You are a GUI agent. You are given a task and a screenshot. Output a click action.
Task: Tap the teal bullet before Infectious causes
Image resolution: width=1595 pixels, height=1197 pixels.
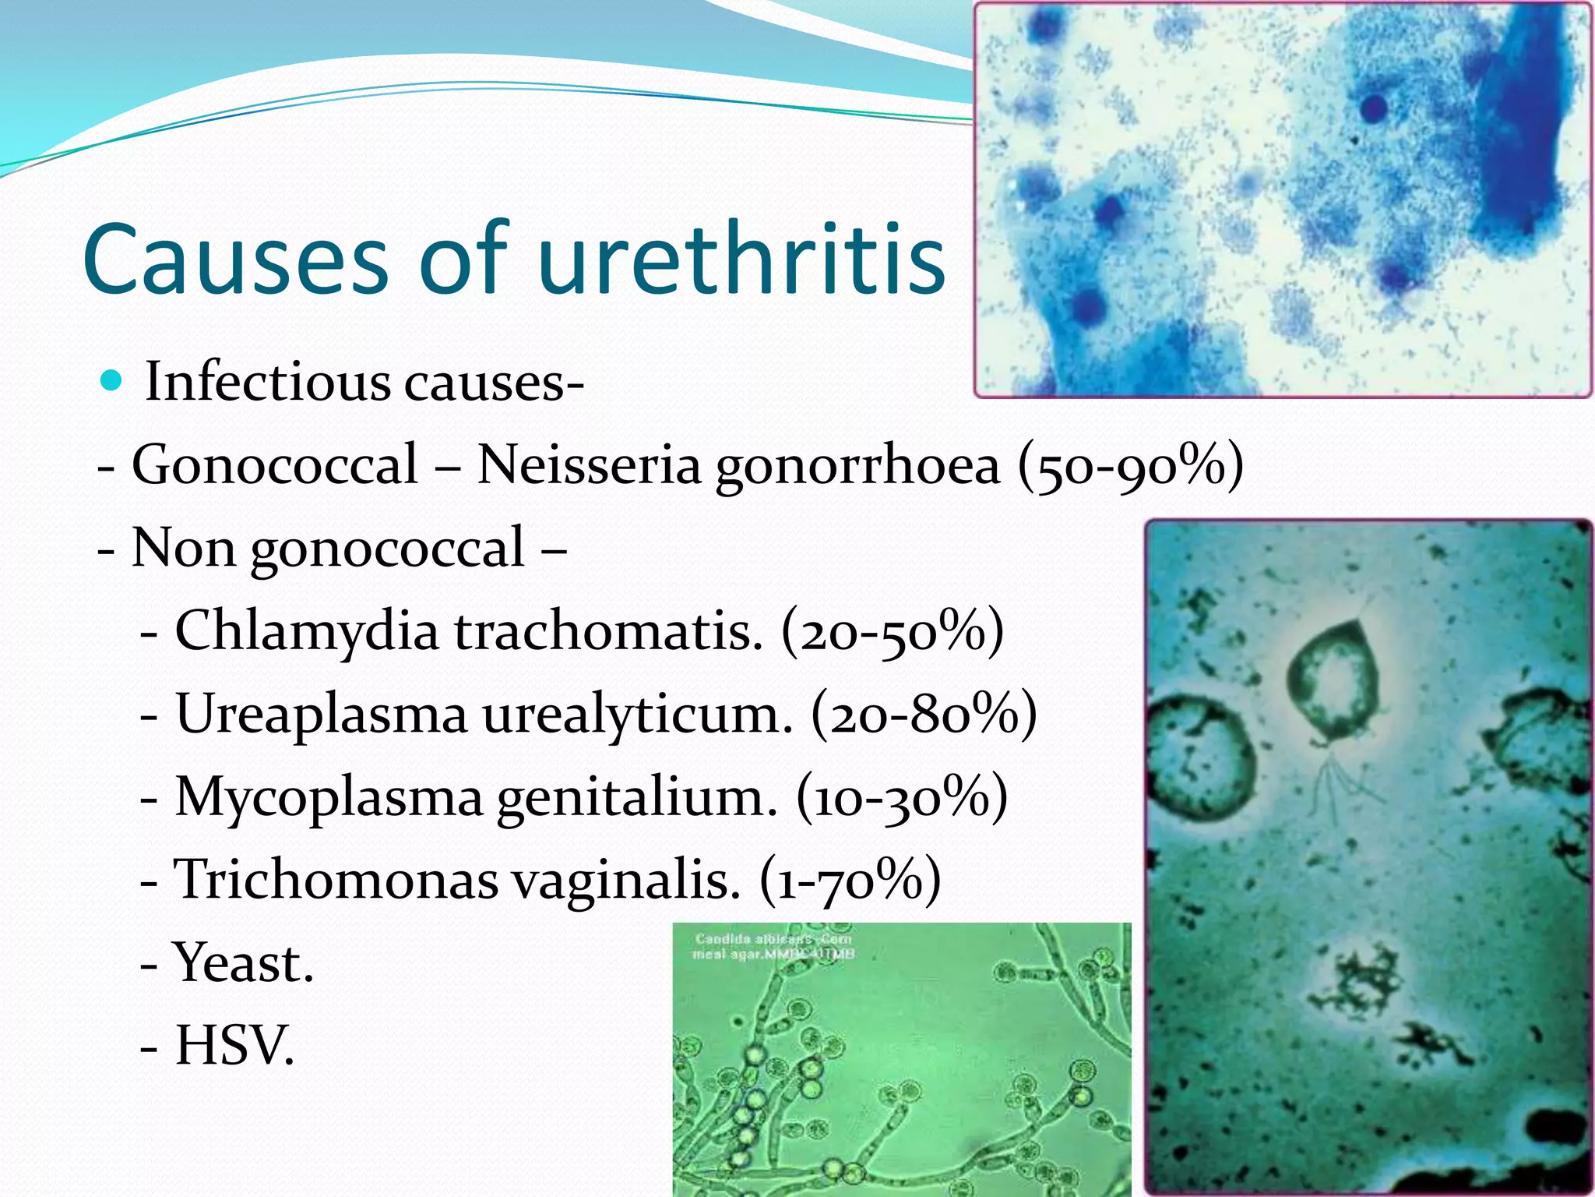pyautogui.click(x=112, y=380)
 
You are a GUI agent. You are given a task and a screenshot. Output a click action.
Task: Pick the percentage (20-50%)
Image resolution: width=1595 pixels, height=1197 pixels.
pyautogui.click(x=893, y=631)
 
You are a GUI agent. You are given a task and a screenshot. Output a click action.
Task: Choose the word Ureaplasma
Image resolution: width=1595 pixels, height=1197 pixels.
pyautogui.click(x=321, y=714)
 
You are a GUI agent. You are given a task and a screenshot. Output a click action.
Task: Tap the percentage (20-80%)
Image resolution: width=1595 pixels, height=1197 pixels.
pyautogui.click(x=924, y=714)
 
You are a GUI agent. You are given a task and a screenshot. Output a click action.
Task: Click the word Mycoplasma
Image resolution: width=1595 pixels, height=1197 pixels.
pyautogui.click(x=328, y=797)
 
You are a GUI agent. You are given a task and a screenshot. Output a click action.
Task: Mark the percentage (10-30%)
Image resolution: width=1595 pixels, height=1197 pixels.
pyautogui.click(x=902, y=797)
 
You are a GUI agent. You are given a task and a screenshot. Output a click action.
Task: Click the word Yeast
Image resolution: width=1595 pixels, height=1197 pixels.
pyautogui.click(x=243, y=963)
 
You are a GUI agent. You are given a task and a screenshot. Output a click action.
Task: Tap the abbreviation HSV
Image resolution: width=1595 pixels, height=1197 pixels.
pyautogui.click(x=234, y=1046)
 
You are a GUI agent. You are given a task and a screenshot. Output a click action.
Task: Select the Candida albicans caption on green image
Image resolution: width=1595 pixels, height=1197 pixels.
pyautogui.click(x=773, y=946)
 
